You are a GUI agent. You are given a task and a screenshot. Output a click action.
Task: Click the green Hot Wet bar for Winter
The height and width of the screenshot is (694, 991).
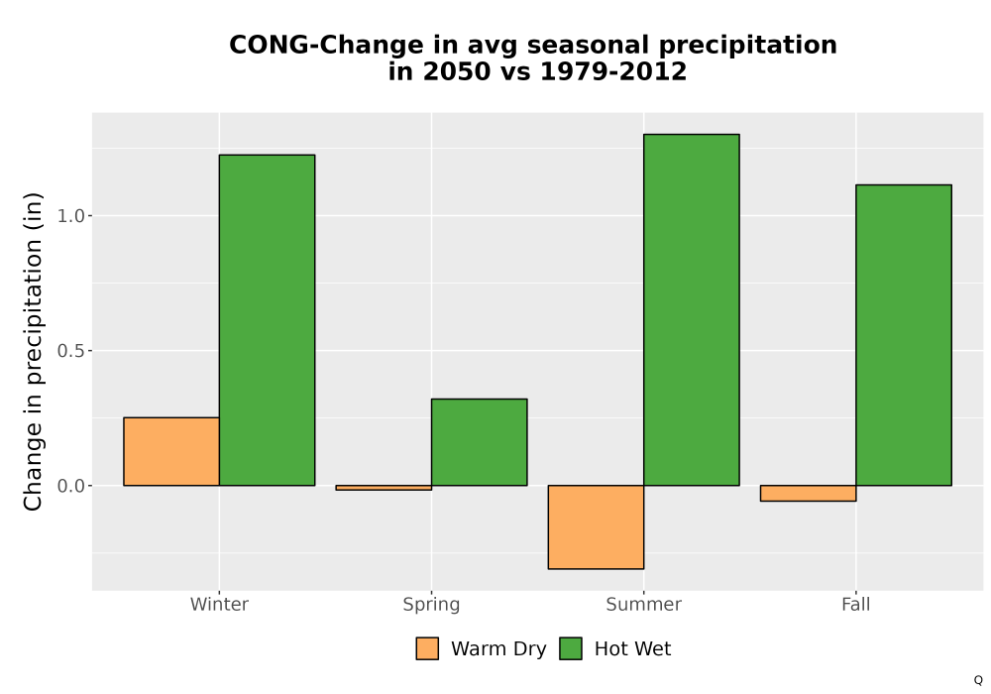(x=267, y=320)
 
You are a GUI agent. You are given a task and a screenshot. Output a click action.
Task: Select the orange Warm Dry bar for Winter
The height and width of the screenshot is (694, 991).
(x=171, y=451)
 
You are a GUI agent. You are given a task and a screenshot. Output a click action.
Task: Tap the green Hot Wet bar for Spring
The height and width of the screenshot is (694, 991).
(x=479, y=442)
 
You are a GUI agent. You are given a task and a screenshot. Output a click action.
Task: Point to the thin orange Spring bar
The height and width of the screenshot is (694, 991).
(x=384, y=488)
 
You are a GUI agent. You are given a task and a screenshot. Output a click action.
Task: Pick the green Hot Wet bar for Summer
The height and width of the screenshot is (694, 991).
(x=692, y=309)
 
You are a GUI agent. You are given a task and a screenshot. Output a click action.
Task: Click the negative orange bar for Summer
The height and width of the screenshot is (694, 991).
(x=596, y=527)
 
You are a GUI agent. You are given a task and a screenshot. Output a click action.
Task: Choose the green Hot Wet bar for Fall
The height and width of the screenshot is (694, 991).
(x=904, y=335)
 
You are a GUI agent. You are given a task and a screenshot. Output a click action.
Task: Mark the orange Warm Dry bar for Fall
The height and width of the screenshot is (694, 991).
(x=809, y=493)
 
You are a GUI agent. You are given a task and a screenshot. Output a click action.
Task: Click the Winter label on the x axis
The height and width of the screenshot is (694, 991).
(x=219, y=604)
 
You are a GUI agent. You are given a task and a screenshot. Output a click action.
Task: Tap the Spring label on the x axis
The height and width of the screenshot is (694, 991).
(x=432, y=605)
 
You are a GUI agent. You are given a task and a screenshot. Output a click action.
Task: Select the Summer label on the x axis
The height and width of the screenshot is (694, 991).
(x=644, y=604)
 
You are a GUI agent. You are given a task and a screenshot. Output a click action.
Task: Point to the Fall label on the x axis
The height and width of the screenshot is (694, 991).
(x=856, y=604)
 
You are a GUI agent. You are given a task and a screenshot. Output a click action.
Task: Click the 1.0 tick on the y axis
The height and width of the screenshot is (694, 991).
(x=70, y=216)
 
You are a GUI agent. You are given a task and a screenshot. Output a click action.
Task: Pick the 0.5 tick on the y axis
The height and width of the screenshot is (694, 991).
(x=70, y=351)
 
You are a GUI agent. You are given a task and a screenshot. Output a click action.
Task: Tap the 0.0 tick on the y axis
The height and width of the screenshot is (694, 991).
(x=70, y=486)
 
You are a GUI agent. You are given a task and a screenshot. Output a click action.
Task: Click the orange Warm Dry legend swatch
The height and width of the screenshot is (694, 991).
(x=427, y=648)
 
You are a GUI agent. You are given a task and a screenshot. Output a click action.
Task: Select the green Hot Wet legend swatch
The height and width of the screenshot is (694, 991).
(x=571, y=648)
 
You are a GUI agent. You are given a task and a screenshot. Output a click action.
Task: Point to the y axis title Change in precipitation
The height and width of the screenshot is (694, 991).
(x=33, y=351)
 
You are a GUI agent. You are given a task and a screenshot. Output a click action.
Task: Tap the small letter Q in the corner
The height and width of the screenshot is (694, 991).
(x=978, y=680)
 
